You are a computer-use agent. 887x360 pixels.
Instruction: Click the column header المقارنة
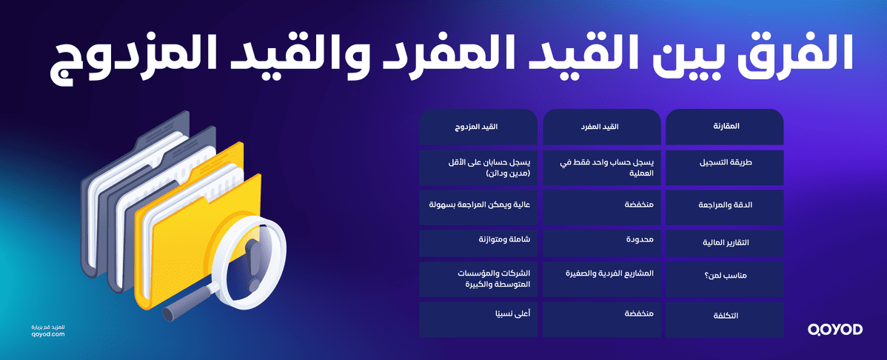(x=725, y=127)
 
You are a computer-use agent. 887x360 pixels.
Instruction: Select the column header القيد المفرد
(x=602, y=127)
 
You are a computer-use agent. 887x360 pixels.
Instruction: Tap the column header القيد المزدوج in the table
(x=478, y=127)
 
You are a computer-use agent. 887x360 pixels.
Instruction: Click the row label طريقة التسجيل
(x=725, y=167)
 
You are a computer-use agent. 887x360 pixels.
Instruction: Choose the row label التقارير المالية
(x=725, y=242)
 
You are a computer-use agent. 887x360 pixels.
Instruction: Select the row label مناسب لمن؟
(x=725, y=279)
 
